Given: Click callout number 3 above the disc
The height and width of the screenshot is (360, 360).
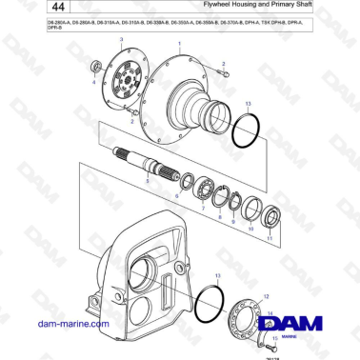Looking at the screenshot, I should [x=121, y=35].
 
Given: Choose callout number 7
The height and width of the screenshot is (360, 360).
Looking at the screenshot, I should [x=202, y=207].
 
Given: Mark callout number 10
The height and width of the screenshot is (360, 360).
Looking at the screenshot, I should [x=250, y=229].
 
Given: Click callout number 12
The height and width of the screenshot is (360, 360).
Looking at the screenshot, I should [x=266, y=296].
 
